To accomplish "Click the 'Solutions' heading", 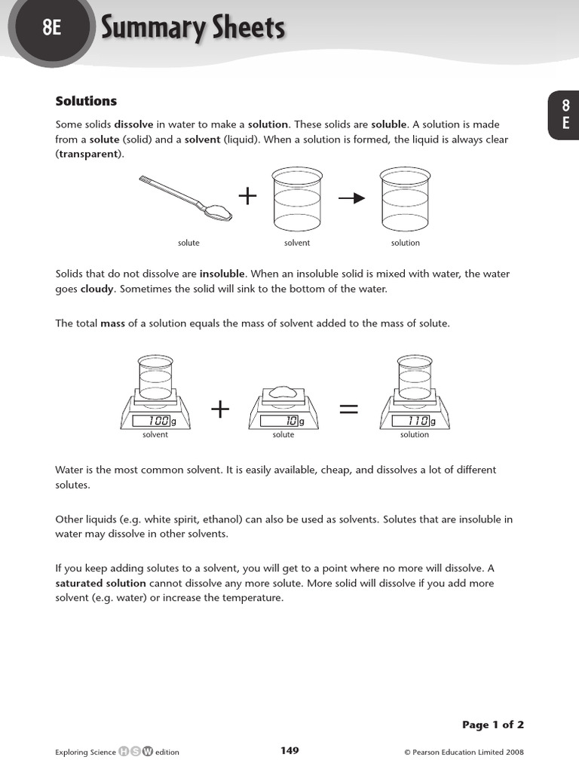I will point(87,101).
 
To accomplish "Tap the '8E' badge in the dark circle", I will point(51,29).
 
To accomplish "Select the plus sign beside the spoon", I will point(247,197).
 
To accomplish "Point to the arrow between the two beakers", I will point(351,198).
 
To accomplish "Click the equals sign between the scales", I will point(349,409).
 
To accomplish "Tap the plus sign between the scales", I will point(220,409).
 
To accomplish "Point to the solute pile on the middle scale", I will point(283,391).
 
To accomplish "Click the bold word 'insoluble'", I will point(222,274).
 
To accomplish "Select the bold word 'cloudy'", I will point(97,289).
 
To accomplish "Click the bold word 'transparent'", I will point(88,154).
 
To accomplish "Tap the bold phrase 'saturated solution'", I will point(101,583).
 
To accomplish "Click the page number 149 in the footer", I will point(289,750).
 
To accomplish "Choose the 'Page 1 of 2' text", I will point(492,725).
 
